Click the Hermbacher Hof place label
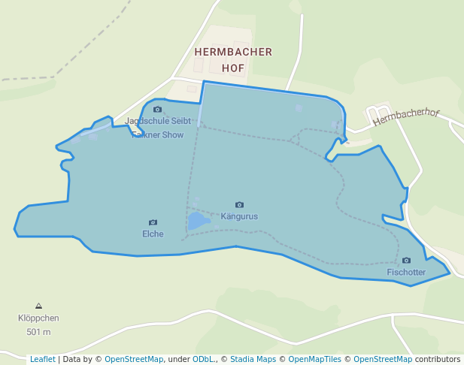(x=232, y=59)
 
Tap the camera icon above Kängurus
(x=239, y=204)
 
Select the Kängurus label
(x=239, y=216)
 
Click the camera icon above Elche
(x=153, y=222)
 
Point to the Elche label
(x=153, y=234)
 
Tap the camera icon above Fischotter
(x=406, y=261)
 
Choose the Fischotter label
(x=406, y=272)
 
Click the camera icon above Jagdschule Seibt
(x=157, y=110)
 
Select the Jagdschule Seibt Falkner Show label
(x=157, y=128)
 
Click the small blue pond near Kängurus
(x=199, y=221)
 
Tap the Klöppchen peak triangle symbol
(x=38, y=306)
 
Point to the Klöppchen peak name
(x=38, y=318)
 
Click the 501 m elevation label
(x=38, y=331)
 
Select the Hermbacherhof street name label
(x=406, y=116)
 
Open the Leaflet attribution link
(x=42, y=360)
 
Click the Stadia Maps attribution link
(x=251, y=360)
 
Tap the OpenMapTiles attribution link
(x=312, y=360)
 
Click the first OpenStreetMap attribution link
(x=133, y=360)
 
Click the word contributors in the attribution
(x=436, y=360)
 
